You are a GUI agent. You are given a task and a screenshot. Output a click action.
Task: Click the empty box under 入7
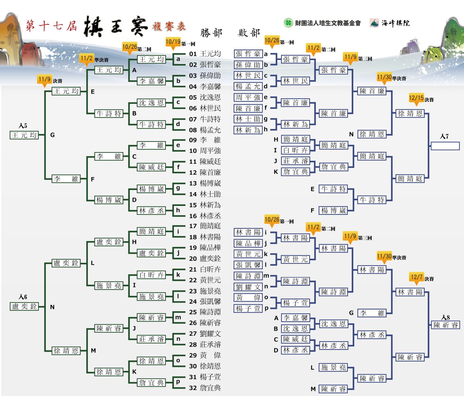pyautogui.click(x=445, y=146)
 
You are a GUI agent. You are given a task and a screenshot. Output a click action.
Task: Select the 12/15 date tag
pyautogui.click(x=416, y=99)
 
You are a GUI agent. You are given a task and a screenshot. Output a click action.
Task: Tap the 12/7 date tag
pyautogui.click(x=417, y=278)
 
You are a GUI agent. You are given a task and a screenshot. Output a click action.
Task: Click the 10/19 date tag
pyautogui.click(x=173, y=43)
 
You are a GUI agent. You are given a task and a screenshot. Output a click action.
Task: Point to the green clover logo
pyautogui.click(x=288, y=23)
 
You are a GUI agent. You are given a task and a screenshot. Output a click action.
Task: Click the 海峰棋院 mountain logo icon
pyautogui.click(x=374, y=23)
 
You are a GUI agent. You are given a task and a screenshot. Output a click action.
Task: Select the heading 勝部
pyautogui.click(x=211, y=33)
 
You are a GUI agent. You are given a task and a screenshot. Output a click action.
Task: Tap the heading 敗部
pyautogui.click(x=249, y=33)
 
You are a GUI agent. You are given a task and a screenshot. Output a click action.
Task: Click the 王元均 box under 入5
pyautogui.click(x=24, y=135)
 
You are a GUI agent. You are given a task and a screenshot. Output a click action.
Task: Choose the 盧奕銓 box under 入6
pyautogui.click(x=24, y=306)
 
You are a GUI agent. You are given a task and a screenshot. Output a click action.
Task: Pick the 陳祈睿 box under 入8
pyautogui.click(x=446, y=325)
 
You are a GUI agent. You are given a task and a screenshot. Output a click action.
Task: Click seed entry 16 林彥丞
pyautogui.click(x=205, y=216)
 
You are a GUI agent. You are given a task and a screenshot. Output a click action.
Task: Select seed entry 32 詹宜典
pyautogui.click(x=205, y=388)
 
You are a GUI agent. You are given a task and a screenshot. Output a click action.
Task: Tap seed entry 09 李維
pyautogui.click(x=205, y=140)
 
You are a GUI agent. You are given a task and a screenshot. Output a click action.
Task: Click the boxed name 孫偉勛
pyautogui.click(x=248, y=65)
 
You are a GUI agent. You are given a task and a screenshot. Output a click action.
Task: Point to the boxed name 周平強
pyautogui.click(x=248, y=97)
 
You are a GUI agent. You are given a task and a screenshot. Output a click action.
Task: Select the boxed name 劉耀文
pyautogui.click(x=248, y=287)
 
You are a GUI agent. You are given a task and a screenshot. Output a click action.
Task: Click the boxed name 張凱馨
pyautogui.click(x=248, y=265)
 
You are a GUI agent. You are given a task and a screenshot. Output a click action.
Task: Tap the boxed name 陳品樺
pyautogui.click(x=248, y=243)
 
